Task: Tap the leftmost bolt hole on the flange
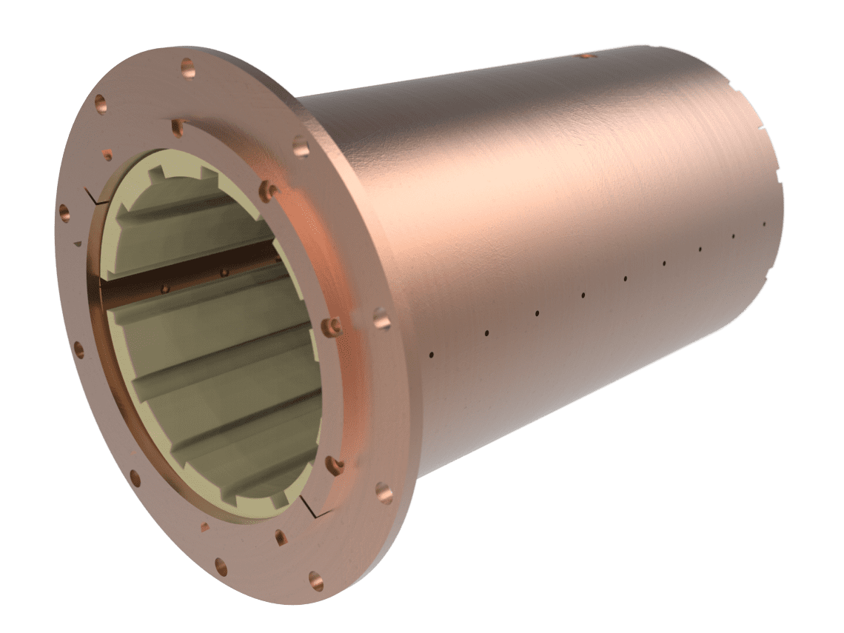[63, 212]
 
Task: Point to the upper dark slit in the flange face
[93, 196]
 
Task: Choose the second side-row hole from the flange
[486, 332]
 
